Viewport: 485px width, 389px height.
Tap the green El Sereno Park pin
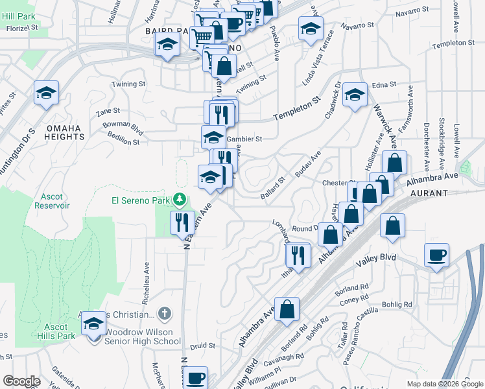[x=184, y=200]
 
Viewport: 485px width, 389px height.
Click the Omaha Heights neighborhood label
[x=65, y=132]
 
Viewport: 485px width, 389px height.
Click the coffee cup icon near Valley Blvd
[x=436, y=254]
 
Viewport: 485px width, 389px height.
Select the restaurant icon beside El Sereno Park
[x=182, y=222]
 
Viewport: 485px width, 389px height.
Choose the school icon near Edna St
[x=355, y=95]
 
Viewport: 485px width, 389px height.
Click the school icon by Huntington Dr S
[x=47, y=93]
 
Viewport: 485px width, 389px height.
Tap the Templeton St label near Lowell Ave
[x=453, y=43]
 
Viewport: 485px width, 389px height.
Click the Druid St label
[x=203, y=346]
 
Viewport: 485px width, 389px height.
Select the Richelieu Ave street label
[x=146, y=283]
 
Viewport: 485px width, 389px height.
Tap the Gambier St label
[x=245, y=139]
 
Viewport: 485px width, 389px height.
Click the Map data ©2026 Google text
[x=445, y=384]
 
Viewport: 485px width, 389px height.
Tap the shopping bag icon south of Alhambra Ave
[x=287, y=309]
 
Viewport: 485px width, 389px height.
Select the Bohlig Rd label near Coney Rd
[x=398, y=304]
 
